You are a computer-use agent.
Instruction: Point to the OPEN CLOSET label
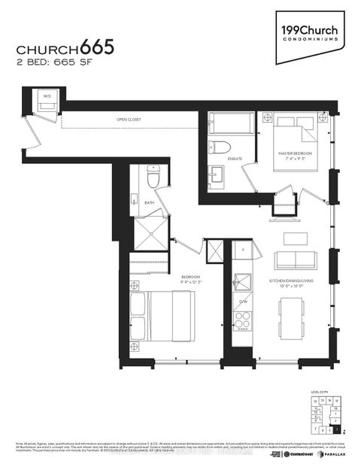click(129, 120)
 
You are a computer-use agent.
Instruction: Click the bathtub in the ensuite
click(232, 122)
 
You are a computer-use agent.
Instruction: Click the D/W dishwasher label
click(243, 302)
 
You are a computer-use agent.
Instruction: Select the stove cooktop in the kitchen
click(242, 320)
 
